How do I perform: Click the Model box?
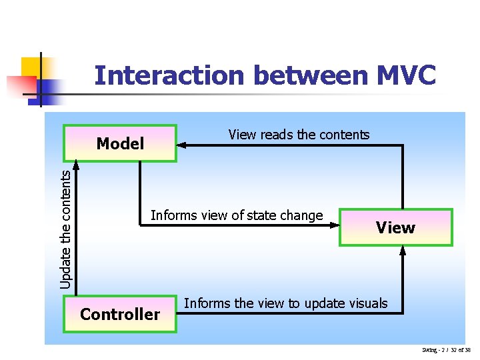[120, 143]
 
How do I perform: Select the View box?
[395, 228]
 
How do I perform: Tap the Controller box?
[120, 314]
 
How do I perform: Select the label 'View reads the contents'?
[299, 135]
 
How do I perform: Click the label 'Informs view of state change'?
[237, 215]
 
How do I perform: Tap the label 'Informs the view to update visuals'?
[285, 303]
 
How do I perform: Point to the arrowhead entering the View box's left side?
[335, 226]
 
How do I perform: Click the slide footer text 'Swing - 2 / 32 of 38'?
[446, 350]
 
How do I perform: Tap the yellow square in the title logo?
[31, 67]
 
